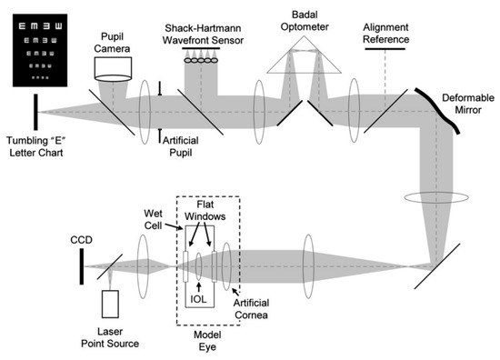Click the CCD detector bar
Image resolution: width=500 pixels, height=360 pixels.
(x=83, y=265)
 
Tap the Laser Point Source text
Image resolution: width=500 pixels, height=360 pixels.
(x=114, y=338)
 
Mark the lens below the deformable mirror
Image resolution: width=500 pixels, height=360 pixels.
(x=437, y=196)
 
